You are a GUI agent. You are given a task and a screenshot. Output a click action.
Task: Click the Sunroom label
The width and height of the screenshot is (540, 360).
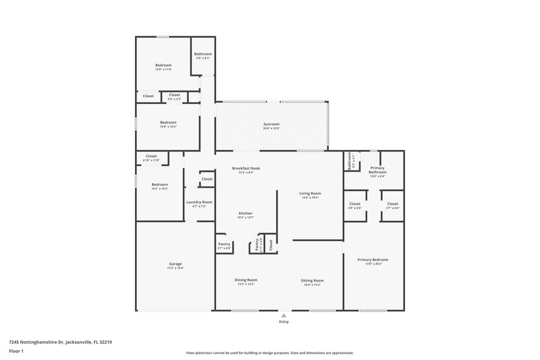(x=271, y=124)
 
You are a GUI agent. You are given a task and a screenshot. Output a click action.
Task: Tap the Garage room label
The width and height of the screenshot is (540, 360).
(x=175, y=263)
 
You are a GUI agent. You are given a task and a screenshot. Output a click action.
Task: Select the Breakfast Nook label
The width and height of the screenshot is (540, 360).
(x=242, y=168)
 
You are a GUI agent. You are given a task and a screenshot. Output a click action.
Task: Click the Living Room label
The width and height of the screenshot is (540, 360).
(x=310, y=193)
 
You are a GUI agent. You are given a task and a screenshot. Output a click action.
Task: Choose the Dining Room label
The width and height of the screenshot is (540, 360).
(x=246, y=280)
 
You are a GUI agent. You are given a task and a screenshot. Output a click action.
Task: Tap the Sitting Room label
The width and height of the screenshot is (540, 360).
(x=313, y=280)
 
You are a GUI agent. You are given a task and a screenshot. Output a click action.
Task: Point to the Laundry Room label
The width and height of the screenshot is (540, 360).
(x=199, y=202)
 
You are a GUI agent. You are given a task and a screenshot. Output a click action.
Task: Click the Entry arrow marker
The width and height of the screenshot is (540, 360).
(x=283, y=315)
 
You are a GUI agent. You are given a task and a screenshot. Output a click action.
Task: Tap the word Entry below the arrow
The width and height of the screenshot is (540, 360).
(x=283, y=322)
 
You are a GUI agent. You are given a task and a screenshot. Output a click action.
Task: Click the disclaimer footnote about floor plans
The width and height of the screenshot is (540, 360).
(x=269, y=353)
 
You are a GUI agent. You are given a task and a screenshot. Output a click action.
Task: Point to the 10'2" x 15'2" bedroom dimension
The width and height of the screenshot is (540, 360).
(x=159, y=188)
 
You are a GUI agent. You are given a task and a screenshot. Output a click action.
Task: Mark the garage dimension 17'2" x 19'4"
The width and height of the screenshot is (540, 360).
(x=175, y=268)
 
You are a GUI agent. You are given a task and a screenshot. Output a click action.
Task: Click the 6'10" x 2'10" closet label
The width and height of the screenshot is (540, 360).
(x=152, y=161)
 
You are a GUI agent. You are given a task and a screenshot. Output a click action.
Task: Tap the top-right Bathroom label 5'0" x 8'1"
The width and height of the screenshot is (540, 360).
(x=203, y=59)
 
